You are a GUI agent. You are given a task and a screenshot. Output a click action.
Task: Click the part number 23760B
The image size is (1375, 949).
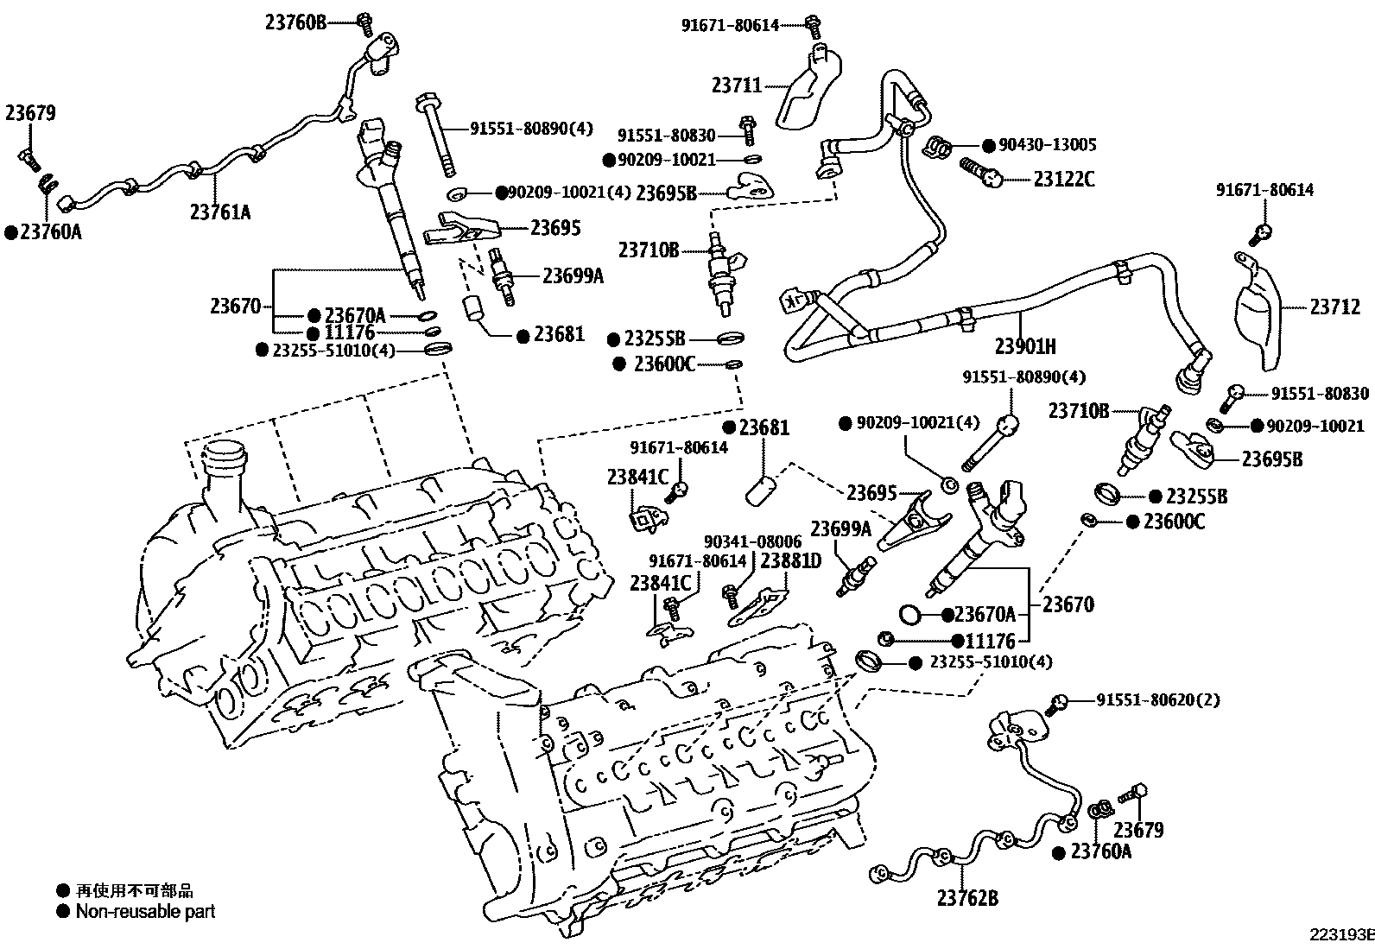(296, 22)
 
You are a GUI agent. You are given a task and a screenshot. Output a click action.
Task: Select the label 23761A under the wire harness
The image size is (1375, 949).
(219, 212)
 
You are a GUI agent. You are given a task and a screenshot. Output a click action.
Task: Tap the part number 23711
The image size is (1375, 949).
(737, 85)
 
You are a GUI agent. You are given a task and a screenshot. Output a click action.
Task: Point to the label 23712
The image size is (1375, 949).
(1335, 307)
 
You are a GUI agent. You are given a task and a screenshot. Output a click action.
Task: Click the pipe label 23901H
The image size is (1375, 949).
(1025, 347)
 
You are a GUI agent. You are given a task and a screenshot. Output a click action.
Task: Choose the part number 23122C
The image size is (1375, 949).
(1064, 180)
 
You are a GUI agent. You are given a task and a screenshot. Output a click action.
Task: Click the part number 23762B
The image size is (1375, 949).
(967, 898)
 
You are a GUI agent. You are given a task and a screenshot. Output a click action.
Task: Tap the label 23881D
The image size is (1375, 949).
(790, 560)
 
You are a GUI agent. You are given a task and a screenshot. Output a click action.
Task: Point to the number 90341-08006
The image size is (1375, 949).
(752, 541)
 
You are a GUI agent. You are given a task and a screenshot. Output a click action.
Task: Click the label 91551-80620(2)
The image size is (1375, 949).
(1158, 699)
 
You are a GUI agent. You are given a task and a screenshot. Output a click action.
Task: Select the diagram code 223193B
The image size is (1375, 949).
(1342, 934)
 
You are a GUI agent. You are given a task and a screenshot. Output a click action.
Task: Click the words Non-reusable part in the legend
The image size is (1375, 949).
(145, 912)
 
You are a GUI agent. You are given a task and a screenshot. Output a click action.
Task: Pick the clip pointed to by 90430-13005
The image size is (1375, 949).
(937, 147)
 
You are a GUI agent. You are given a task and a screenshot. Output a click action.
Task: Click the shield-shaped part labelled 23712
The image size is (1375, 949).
(1258, 311)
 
